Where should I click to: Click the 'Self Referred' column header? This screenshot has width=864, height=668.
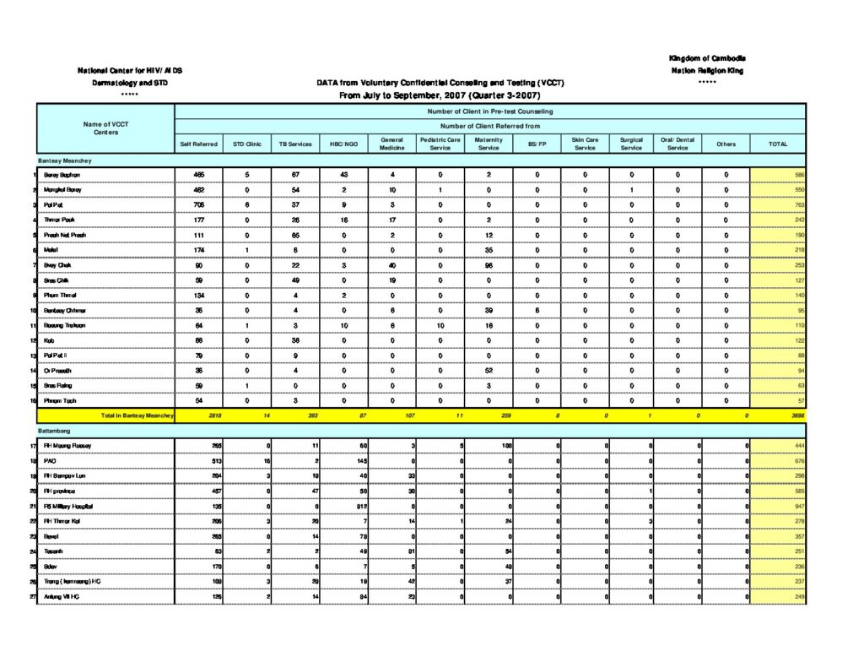click(199, 144)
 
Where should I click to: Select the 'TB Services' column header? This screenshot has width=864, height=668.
click(295, 144)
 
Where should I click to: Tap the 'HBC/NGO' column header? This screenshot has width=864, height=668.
click(344, 144)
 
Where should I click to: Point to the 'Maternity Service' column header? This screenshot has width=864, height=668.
click(489, 144)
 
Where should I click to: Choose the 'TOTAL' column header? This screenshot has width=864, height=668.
click(778, 144)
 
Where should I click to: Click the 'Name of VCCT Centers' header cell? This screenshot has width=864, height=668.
click(105, 128)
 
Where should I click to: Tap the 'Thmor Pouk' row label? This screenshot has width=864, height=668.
click(58, 220)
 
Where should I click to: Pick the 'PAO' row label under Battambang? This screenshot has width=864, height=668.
click(50, 461)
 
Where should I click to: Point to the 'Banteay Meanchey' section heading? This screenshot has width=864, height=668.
click(65, 160)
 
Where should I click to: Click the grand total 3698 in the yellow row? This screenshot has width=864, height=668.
click(796, 415)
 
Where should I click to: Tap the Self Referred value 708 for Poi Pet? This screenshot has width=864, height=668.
click(199, 204)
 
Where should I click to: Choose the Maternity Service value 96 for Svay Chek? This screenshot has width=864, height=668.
click(489, 265)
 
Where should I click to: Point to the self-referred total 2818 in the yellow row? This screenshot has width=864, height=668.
click(199, 415)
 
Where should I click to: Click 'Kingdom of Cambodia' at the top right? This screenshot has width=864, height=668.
click(707, 58)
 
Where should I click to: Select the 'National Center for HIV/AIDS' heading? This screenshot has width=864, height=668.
click(130, 70)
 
